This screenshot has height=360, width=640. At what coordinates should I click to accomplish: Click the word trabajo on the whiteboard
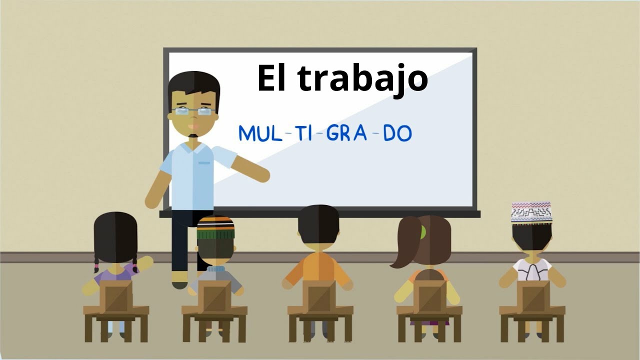(362, 79)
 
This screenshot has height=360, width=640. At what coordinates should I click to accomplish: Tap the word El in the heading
(271, 78)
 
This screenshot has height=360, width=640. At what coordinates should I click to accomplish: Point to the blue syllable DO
(397, 133)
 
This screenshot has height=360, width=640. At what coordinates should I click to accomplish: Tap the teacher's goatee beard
(193, 135)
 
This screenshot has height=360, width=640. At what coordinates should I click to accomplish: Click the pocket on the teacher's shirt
(204, 163)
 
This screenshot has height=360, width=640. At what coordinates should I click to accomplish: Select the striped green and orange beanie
(215, 228)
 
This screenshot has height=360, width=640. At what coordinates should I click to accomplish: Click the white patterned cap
(531, 212)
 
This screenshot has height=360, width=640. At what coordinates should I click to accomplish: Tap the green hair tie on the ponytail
(423, 231)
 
